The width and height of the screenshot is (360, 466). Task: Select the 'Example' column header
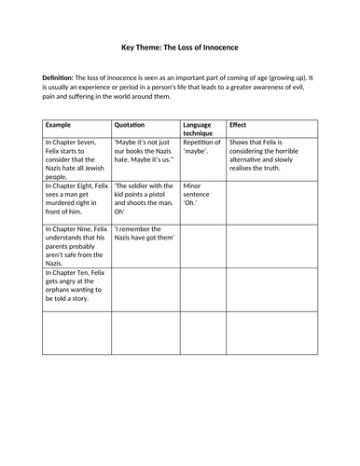pos(59,123)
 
